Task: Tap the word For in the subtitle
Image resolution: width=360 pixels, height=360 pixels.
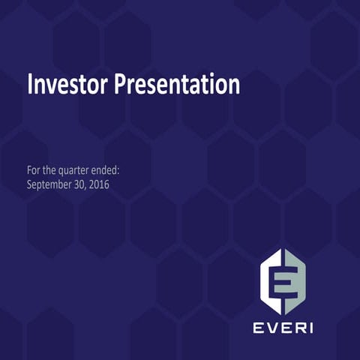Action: coord(34,170)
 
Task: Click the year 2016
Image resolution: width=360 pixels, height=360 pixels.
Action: coord(100,184)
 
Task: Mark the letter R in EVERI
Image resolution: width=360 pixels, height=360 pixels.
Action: coord(296,327)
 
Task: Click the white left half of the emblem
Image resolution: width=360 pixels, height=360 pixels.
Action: coord(270,283)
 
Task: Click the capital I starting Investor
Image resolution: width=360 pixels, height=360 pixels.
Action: coord(30,84)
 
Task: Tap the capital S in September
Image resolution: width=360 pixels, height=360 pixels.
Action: coord(29,184)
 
